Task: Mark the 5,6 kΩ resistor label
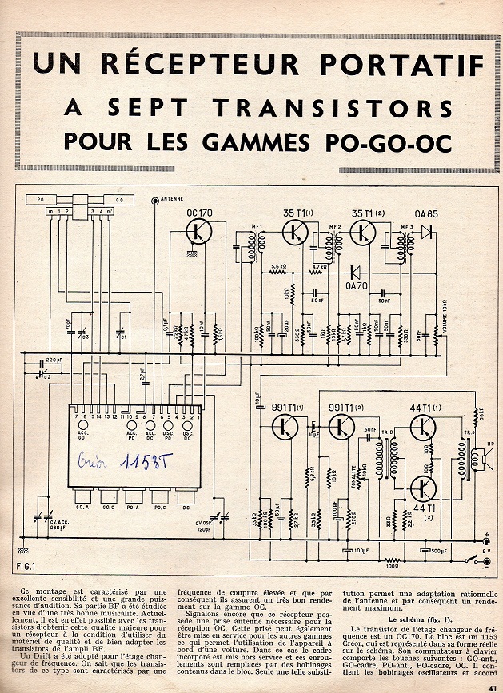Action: pyautogui.click(x=278, y=266)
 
